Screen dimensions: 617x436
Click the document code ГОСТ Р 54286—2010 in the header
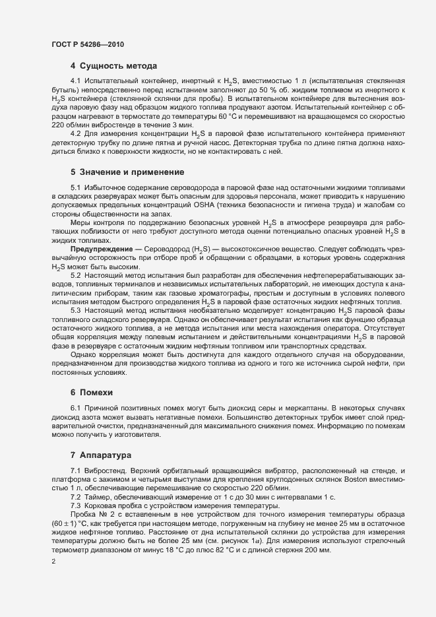pos(88,44)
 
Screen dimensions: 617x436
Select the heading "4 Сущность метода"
pos(113,66)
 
